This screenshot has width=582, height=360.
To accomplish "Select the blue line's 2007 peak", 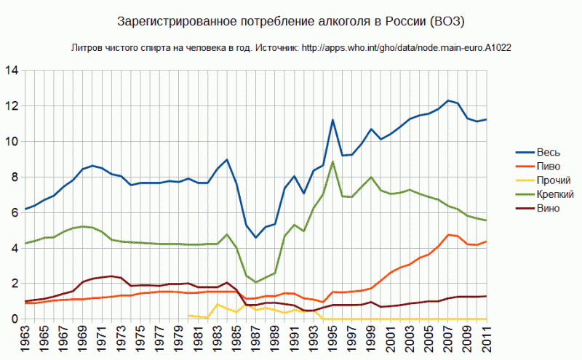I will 447,100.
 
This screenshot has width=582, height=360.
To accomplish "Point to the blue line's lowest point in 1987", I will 255,237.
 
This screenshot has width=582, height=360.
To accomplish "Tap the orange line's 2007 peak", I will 447,234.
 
